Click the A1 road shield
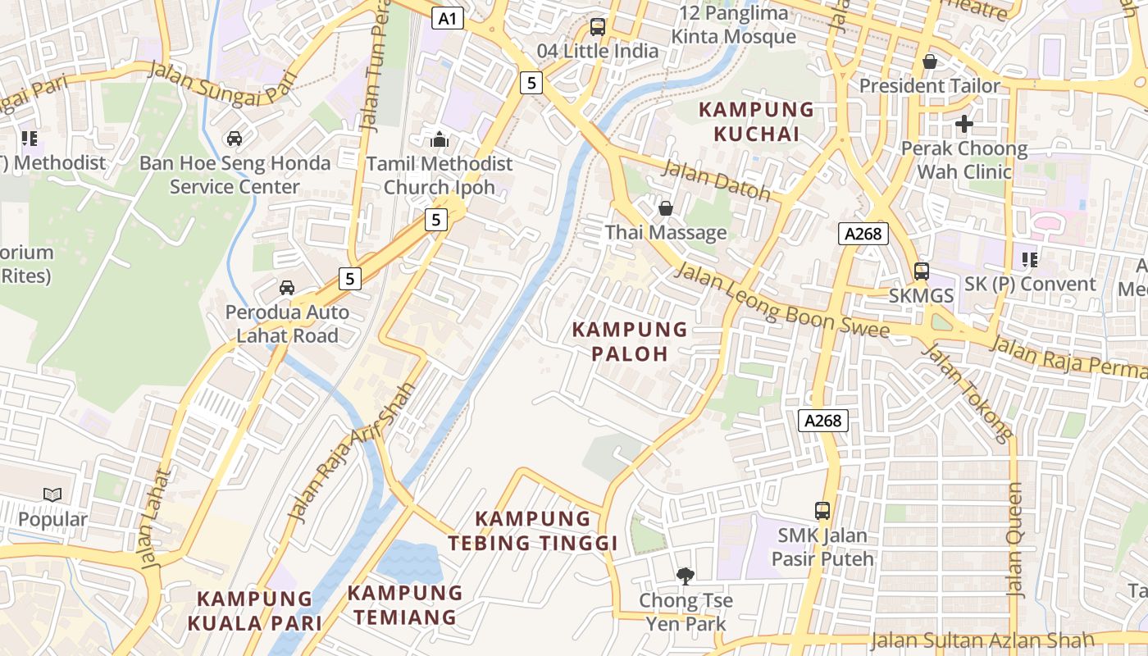448,18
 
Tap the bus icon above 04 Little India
598,26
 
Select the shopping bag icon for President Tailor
930,61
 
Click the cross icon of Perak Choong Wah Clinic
964,125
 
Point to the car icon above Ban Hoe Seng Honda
235,139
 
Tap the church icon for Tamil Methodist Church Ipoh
440,139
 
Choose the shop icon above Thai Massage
666,208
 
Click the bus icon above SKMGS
922,271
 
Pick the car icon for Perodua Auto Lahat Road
287,288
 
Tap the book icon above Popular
52,494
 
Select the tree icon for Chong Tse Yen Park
685,576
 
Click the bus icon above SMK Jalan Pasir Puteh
822,511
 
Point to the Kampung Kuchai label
755,121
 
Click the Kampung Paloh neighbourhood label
630,341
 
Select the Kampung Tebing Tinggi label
533,531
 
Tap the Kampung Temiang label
405,604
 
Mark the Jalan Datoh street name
716,180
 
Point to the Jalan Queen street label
1015,540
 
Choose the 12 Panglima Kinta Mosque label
733,25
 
